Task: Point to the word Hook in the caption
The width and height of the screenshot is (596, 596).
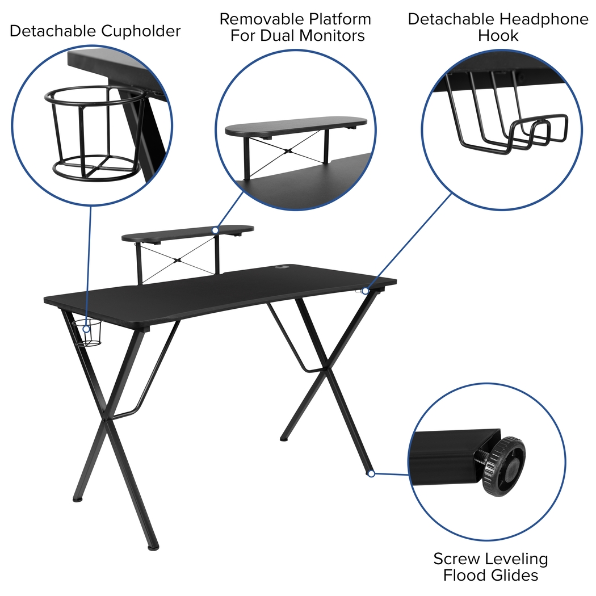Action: point(498,36)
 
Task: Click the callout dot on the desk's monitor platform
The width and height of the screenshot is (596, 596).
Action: point(215,230)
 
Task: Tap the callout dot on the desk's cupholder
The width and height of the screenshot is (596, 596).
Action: point(86,329)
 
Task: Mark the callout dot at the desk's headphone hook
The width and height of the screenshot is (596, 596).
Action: point(365,291)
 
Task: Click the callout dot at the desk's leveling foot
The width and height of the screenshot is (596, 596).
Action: point(371,473)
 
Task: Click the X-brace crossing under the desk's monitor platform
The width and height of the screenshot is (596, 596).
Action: point(178,260)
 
